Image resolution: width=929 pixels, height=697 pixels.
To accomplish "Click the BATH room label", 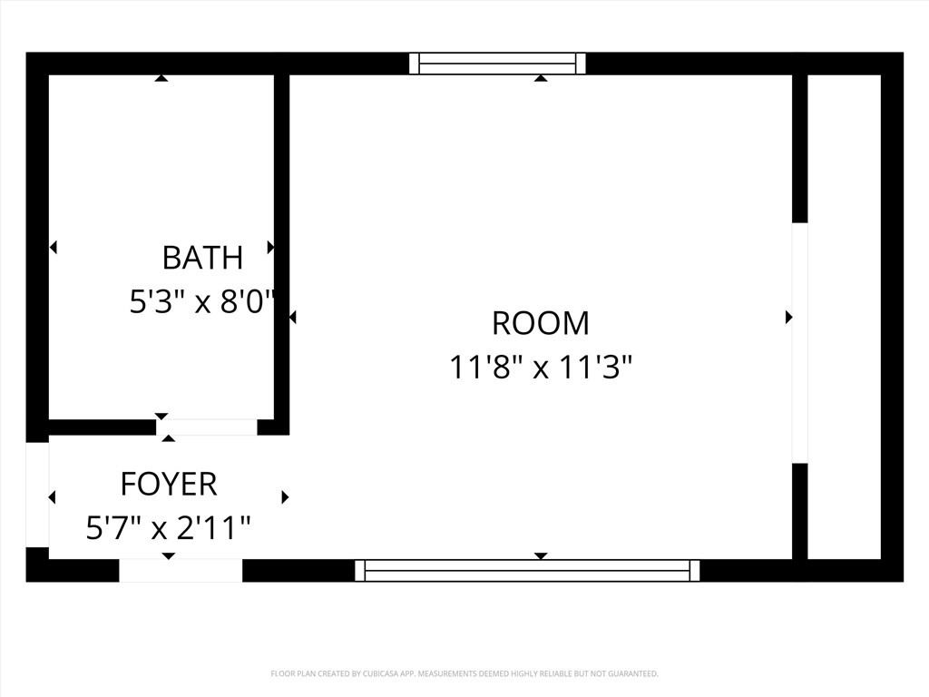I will point(202,258).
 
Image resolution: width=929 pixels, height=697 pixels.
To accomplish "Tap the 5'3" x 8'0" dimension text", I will point(202,301).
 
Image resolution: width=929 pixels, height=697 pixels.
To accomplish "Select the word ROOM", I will point(541,323).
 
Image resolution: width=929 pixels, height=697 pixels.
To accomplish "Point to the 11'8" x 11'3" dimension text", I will point(541,368).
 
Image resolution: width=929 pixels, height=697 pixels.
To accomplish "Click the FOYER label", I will point(169,484).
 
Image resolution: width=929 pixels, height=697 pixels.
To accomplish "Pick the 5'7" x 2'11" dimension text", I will point(169,527).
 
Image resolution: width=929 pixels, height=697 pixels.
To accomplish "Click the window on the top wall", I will point(497,64).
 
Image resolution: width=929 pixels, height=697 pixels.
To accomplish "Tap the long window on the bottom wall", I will point(527,570).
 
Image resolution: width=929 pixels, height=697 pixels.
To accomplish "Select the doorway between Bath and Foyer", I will point(207,427).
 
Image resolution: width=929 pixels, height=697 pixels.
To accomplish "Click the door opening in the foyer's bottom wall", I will point(181,570).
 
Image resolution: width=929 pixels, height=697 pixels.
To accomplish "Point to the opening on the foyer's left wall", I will point(37,495).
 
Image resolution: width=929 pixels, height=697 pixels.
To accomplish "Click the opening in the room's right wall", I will point(799,343).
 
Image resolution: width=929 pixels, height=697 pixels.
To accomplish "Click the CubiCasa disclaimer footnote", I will point(464,673).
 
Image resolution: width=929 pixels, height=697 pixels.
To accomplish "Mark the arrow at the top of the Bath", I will point(161,78).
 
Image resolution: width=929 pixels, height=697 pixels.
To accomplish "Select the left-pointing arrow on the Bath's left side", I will point(53,247).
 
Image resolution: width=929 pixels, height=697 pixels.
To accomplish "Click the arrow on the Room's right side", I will point(788,317).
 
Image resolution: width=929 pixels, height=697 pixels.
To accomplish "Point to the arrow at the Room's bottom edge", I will point(541,555).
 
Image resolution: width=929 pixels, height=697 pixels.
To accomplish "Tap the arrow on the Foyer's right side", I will point(285,497).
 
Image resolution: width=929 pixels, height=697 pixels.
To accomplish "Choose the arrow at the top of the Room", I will point(541,78).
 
